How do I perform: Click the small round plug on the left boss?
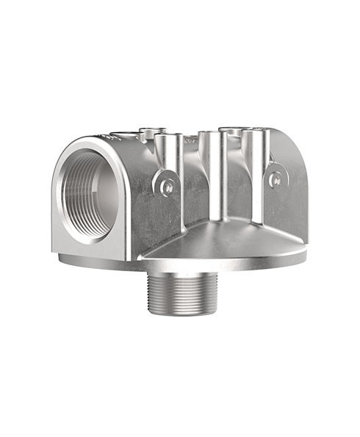click(x=167, y=184)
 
